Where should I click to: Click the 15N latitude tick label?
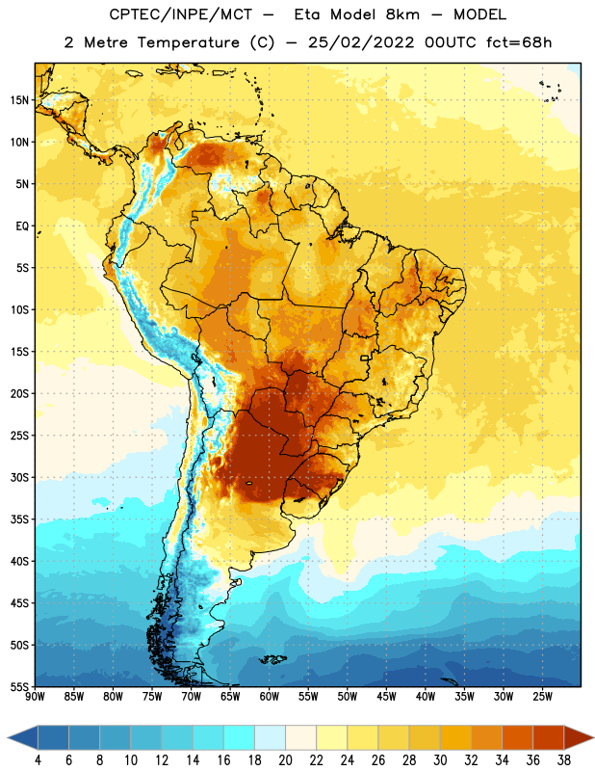(x=19, y=100)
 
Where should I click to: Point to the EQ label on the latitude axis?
(x=22, y=226)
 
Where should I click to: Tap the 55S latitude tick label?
(x=19, y=686)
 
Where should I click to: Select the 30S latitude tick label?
(x=19, y=477)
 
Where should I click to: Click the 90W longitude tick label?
(x=35, y=697)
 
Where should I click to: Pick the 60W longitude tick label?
(x=270, y=697)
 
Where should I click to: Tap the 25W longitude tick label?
(x=542, y=697)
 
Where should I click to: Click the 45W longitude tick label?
(x=386, y=697)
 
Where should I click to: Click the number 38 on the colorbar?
(x=564, y=760)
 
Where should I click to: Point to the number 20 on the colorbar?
(x=285, y=760)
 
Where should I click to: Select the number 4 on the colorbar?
(x=38, y=760)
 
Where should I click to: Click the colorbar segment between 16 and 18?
(x=240, y=738)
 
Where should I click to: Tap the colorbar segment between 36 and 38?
(x=549, y=738)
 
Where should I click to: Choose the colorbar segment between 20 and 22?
(x=300, y=738)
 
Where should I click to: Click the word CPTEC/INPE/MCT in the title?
(x=181, y=14)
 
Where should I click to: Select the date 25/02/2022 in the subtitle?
(x=361, y=42)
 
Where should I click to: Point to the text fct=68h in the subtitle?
(x=519, y=42)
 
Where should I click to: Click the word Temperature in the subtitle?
(x=188, y=43)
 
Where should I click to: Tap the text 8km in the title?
(x=402, y=14)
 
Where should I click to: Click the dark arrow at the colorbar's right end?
(x=579, y=738)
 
